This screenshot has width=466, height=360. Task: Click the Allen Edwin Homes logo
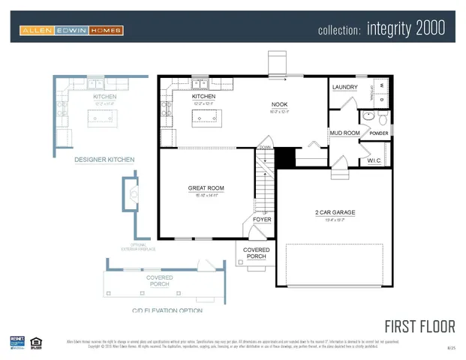click(72, 30)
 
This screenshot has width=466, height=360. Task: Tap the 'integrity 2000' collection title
click(381, 29)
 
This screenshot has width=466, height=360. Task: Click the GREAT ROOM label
click(206, 188)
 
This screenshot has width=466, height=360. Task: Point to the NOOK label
click(279, 105)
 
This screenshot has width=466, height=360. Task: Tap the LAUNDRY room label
click(345, 87)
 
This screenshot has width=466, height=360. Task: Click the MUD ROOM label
click(344, 133)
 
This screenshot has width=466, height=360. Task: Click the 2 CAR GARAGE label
click(335, 212)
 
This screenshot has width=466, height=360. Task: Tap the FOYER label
click(261, 219)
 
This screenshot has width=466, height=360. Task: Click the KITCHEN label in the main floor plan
click(203, 96)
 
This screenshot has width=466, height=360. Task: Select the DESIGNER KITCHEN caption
click(104, 160)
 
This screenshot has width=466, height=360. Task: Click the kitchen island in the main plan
click(203, 115)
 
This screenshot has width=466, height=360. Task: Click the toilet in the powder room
click(382, 118)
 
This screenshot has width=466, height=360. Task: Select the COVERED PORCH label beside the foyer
click(257, 253)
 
